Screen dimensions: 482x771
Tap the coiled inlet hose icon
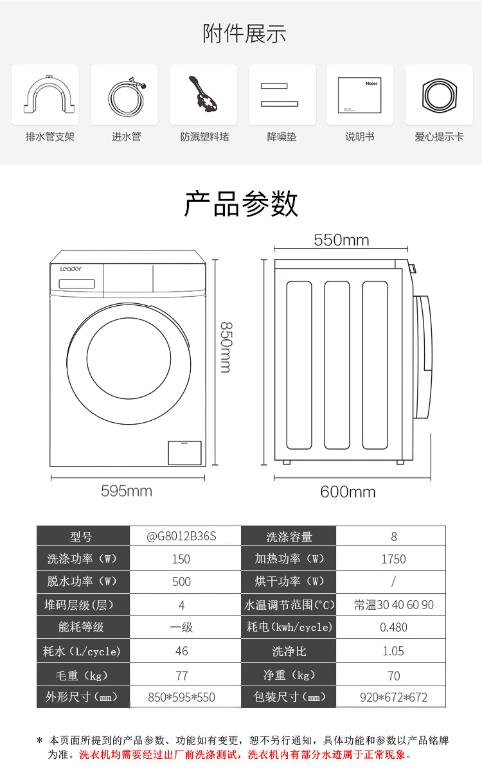click(125, 95)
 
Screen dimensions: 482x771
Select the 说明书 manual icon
click(359, 95)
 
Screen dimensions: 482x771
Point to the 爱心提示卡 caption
click(439, 137)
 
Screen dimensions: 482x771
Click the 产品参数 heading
click(241, 204)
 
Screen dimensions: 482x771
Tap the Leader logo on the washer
click(71, 269)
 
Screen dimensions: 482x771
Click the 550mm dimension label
click(341, 240)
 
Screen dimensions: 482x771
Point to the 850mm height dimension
click(224, 347)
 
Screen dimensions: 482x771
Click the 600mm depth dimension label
click(348, 492)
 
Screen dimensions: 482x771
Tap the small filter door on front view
click(184, 452)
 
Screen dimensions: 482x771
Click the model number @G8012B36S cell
click(182, 536)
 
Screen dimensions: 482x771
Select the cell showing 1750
click(393, 559)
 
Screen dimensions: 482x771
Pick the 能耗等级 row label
click(81, 627)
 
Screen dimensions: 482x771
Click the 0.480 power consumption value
click(393, 627)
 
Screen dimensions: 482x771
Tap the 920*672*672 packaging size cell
click(393, 697)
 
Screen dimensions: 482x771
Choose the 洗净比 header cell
click(289, 651)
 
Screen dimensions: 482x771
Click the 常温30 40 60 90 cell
click(393, 605)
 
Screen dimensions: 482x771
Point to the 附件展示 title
click(244, 33)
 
